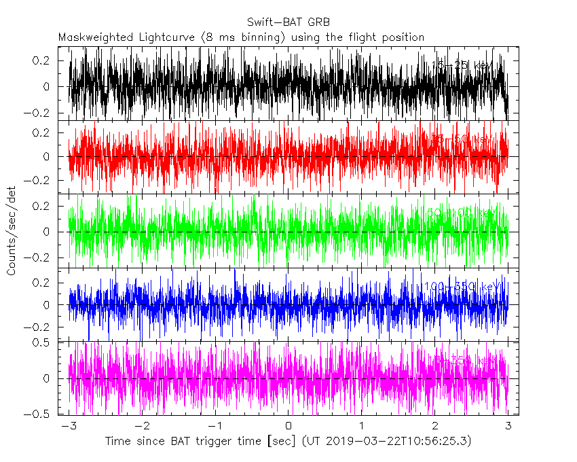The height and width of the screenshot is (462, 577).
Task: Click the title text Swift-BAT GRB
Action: pos(288,21)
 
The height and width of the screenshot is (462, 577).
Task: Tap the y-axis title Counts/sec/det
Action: pos(12,232)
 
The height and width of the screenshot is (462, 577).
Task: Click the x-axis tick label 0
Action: pos(289,426)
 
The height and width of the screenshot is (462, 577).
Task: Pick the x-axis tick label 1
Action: pos(362,426)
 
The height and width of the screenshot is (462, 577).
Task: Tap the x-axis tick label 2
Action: pos(435,426)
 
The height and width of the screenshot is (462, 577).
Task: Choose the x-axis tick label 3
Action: pos(508,426)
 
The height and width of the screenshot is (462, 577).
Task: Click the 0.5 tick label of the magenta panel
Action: pos(42,342)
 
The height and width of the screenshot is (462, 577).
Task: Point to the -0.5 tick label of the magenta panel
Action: pos(39,414)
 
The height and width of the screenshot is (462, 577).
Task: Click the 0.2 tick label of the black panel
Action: pos(42,60)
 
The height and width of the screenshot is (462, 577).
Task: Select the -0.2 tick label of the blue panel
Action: pos(39,327)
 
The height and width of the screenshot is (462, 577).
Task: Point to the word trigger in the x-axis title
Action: pos(209,442)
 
